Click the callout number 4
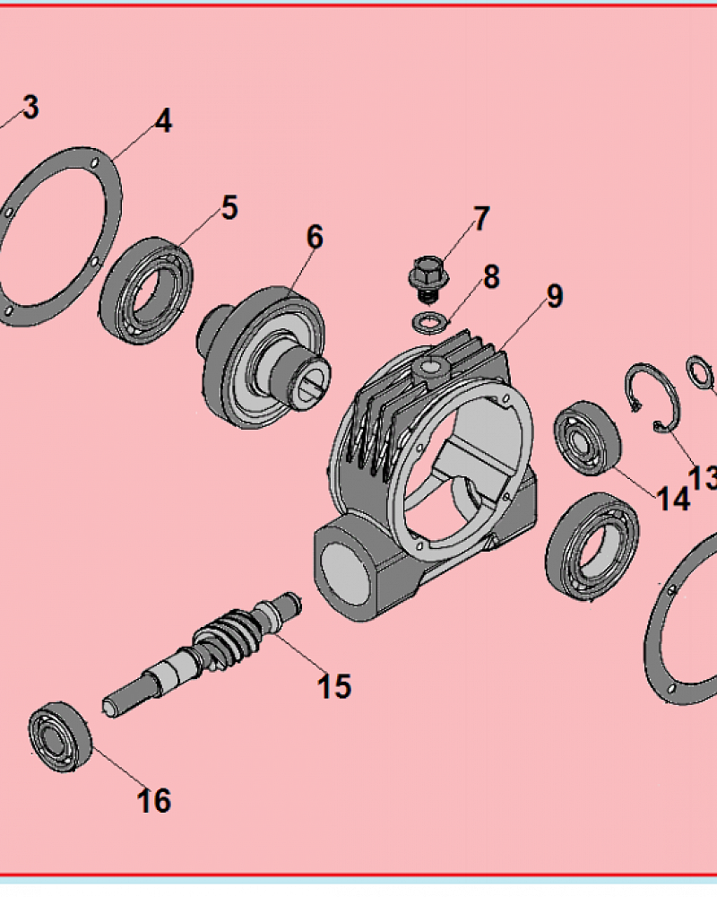(x=163, y=121)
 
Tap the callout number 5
(x=229, y=208)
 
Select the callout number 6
(x=315, y=237)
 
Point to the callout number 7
(x=482, y=219)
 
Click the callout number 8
(x=491, y=277)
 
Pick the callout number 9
(x=555, y=296)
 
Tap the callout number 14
(x=674, y=498)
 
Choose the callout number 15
(x=334, y=686)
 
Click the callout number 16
(x=154, y=800)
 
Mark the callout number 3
(x=30, y=107)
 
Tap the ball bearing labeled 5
(x=146, y=290)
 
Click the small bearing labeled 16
(x=61, y=736)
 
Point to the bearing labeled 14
(x=587, y=439)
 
